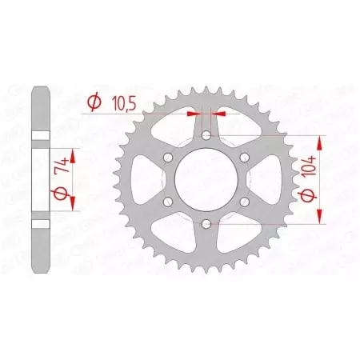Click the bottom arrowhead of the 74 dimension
coord(73,203)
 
